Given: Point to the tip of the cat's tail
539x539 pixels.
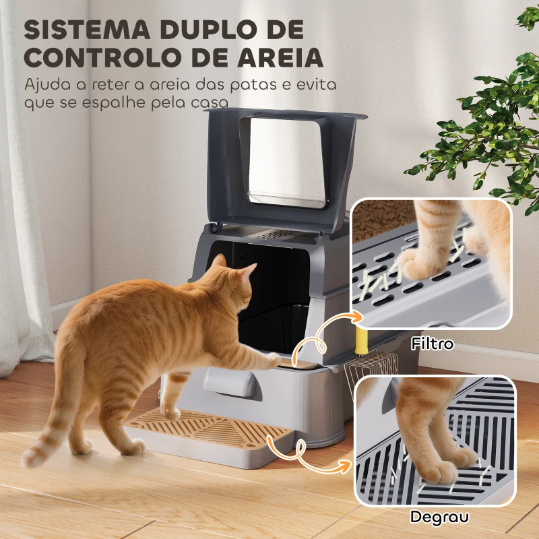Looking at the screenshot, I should coord(30,459).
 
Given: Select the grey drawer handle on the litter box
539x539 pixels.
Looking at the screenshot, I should coord(232,382).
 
